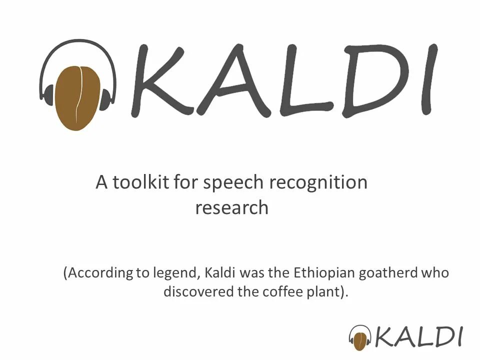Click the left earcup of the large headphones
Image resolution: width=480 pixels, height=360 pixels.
49,95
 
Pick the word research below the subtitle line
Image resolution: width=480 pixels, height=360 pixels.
231,207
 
